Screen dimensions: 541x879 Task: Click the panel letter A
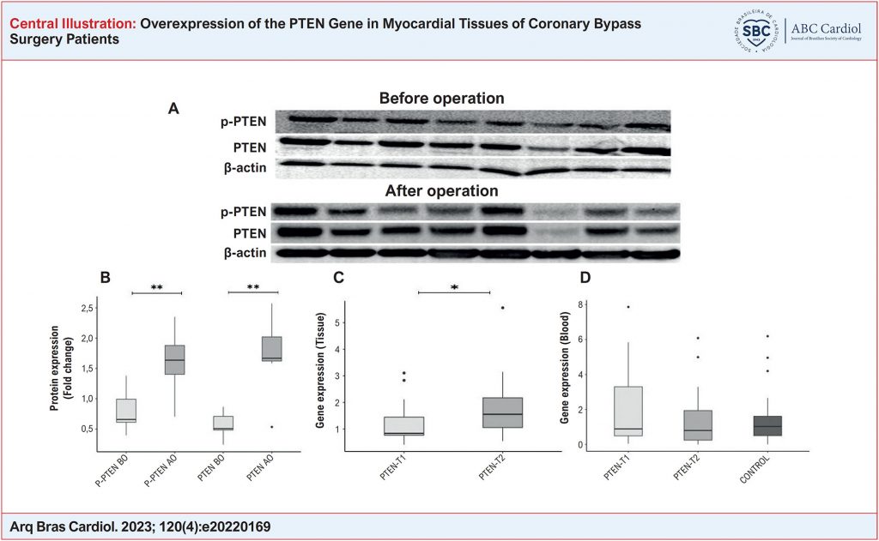point(173,109)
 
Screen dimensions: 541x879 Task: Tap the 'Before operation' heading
point(441,98)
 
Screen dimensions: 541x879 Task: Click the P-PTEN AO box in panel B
point(174,360)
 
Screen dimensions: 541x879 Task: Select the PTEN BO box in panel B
point(223,423)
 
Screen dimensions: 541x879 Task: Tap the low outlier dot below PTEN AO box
point(272,427)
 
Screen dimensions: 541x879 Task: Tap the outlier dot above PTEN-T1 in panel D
point(628,307)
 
